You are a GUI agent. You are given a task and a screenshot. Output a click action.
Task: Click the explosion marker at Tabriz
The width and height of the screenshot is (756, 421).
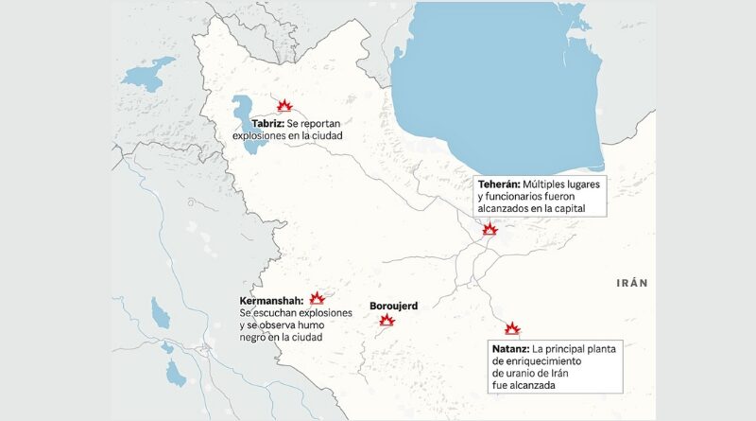283,106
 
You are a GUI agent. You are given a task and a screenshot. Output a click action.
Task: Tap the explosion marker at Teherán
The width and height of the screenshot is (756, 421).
490,229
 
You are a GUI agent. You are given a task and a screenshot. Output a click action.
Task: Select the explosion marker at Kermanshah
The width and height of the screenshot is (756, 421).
318,297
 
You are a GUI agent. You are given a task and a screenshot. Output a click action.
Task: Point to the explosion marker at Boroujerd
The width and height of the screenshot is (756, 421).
386,320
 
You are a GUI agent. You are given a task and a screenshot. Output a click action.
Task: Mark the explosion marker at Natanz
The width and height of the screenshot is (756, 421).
512,328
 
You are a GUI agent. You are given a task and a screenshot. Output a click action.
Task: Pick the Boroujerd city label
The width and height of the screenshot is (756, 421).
394,306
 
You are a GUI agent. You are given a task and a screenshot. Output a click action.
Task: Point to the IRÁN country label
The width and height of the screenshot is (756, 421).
632,283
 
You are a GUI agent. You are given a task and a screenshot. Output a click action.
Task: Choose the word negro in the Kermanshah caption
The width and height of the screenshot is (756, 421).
255,337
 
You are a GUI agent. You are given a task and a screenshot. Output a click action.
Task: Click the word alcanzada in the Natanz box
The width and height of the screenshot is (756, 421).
544,385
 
